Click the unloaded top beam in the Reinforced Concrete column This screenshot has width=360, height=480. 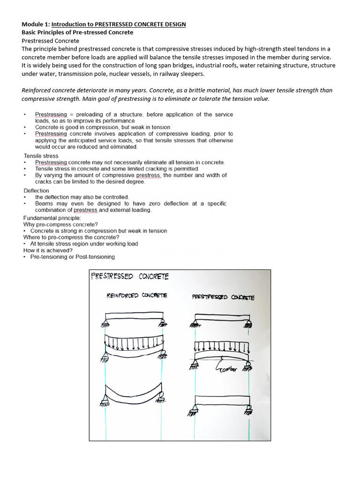pos(132,315)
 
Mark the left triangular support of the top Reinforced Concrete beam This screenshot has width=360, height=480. pos(104,321)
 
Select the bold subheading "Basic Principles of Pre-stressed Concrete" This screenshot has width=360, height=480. pos(77,32)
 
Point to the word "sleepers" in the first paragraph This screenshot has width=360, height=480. pos(192,74)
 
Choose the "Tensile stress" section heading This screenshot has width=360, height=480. pos(41,156)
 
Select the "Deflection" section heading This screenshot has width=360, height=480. pos(37,191)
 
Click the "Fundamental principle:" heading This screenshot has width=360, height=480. pos(52,218)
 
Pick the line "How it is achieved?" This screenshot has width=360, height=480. pos(48,250)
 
